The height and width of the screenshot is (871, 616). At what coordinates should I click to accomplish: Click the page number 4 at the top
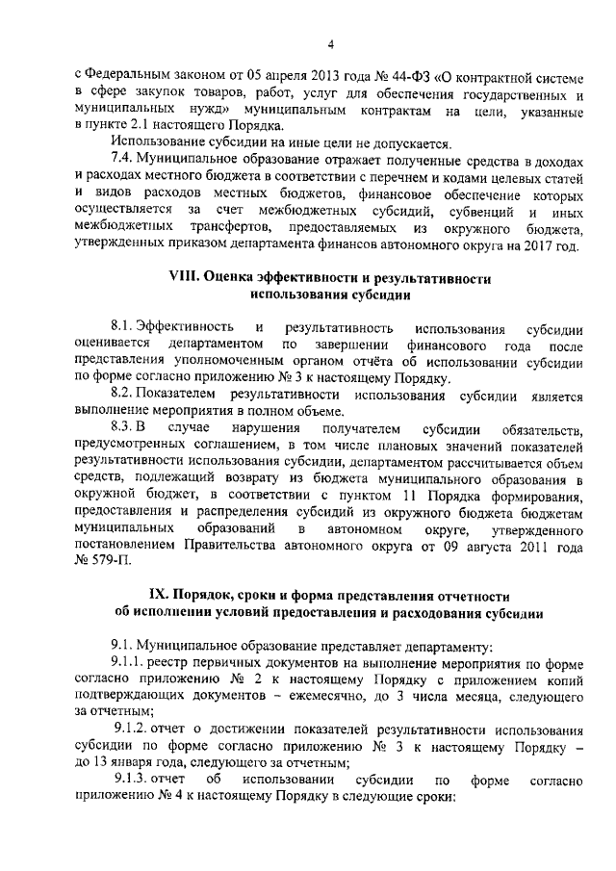pos(330,43)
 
